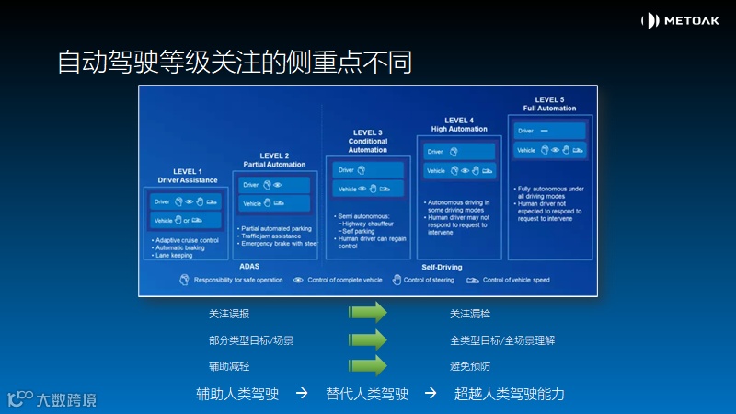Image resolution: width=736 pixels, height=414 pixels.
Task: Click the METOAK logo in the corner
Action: [x=680, y=20]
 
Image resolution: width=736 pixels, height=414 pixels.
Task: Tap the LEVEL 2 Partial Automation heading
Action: [x=273, y=160]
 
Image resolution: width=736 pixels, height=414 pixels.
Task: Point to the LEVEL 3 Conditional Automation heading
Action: [x=367, y=141]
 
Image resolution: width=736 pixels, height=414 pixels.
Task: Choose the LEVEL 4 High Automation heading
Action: [x=459, y=124]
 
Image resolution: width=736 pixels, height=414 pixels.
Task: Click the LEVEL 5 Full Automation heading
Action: [x=549, y=104]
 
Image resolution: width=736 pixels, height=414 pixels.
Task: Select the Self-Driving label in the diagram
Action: [x=442, y=267]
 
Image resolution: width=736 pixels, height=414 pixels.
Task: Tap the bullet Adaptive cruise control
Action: [x=188, y=240]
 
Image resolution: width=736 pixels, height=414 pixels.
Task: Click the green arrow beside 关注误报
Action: [x=367, y=314]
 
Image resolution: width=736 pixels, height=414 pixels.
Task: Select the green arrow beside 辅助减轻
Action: [x=367, y=365]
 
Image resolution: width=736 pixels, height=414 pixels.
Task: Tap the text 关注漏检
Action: [x=469, y=314]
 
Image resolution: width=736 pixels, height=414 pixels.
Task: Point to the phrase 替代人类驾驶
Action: [x=367, y=394]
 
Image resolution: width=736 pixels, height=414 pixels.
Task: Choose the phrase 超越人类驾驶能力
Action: [x=509, y=394]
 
